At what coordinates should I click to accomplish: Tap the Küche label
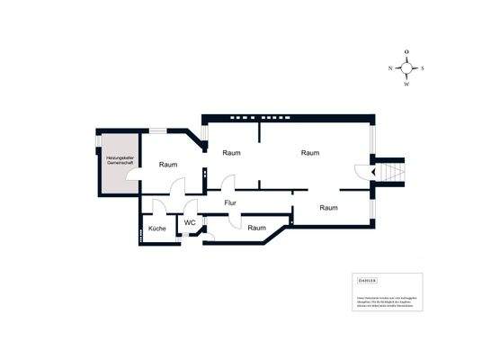(157, 229)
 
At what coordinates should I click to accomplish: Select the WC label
(190, 222)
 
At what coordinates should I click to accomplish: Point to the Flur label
(230, 203)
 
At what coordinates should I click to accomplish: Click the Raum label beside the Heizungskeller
(168, 165)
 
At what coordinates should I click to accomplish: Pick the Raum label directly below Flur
(257, 228)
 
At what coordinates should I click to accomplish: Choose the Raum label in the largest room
(310, 153)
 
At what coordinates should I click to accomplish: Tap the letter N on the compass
(390, 67)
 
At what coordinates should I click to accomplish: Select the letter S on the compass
(424, 67)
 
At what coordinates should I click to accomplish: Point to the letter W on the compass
(406, 84)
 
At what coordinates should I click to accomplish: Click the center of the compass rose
(406, 67)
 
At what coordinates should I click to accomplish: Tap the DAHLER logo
(358, 281)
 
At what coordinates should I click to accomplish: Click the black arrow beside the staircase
(362, 171)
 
